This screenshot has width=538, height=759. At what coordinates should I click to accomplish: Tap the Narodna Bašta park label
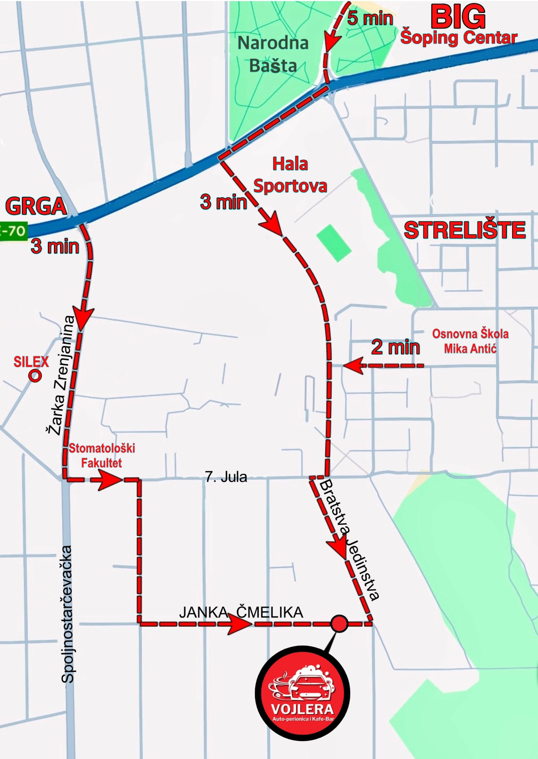pos(273,54)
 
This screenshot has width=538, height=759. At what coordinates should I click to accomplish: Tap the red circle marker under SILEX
pos(35,376)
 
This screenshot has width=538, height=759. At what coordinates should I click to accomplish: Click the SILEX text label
pos(31,362)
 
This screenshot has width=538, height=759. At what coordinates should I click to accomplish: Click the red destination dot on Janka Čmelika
pos(339,624)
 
